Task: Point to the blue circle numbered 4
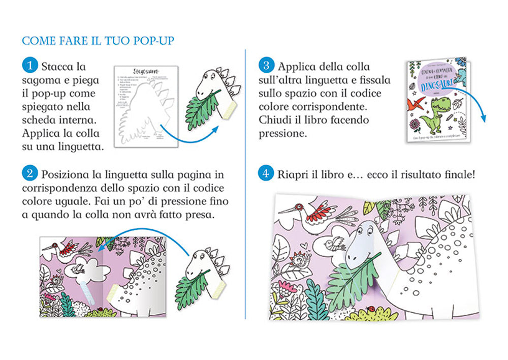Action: (x=266, y=173)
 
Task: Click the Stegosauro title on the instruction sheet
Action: (x=145, y=70)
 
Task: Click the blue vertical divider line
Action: (x=245, y=178)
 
